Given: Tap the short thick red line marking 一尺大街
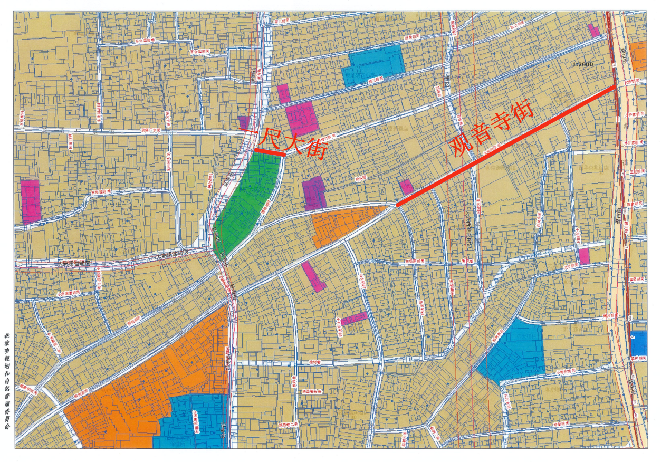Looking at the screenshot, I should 270,152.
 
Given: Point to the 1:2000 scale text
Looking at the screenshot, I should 582,64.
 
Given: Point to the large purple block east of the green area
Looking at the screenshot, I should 314,192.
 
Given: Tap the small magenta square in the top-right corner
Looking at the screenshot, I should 594,31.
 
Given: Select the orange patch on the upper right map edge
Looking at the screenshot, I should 638,55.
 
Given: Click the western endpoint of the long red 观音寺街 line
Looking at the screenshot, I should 397,205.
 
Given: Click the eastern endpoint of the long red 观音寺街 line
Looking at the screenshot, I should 616,86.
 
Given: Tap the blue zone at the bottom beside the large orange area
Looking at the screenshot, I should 195,422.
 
